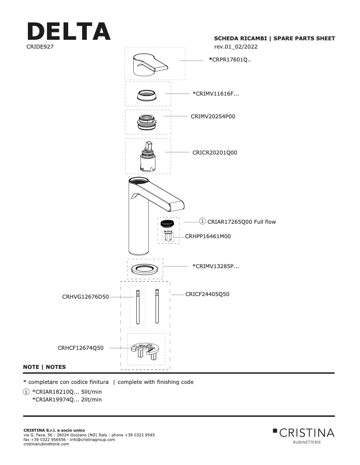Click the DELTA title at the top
[69, 31]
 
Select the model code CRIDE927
[40, 47]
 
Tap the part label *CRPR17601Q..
[230, 59]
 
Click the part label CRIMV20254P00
[213, 116]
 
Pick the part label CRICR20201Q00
[215, 152]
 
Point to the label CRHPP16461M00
[208, 236]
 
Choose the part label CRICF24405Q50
[207, 294]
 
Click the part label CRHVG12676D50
[85, 297]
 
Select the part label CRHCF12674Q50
[81, 348]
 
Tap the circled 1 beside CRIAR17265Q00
[202, 221]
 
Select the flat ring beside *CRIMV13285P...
[145, 270]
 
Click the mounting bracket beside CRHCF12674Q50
[145, 350]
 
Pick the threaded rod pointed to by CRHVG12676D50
[137, 307]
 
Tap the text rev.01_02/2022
[236, 47]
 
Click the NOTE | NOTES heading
[44, 367]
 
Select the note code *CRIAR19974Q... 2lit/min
[67, 399]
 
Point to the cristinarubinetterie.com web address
[46, 444]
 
